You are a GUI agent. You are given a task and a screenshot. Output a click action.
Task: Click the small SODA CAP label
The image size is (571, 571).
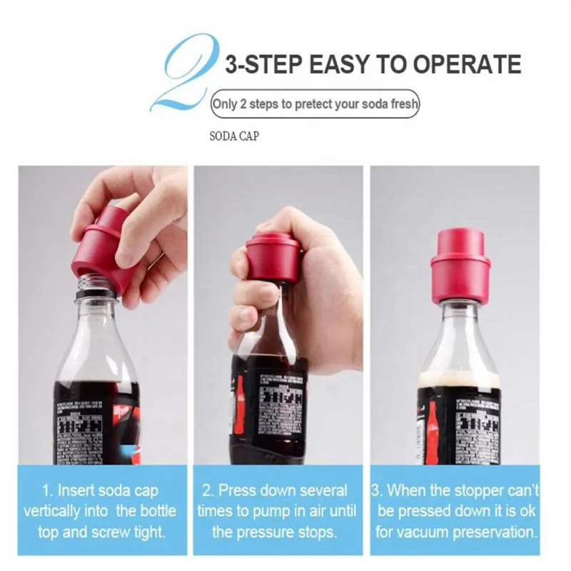pyautogui.click(x=233, y=136)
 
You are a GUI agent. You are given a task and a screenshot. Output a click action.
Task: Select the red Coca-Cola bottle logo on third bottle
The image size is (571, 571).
pyautogui.click(x=431, y=428)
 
